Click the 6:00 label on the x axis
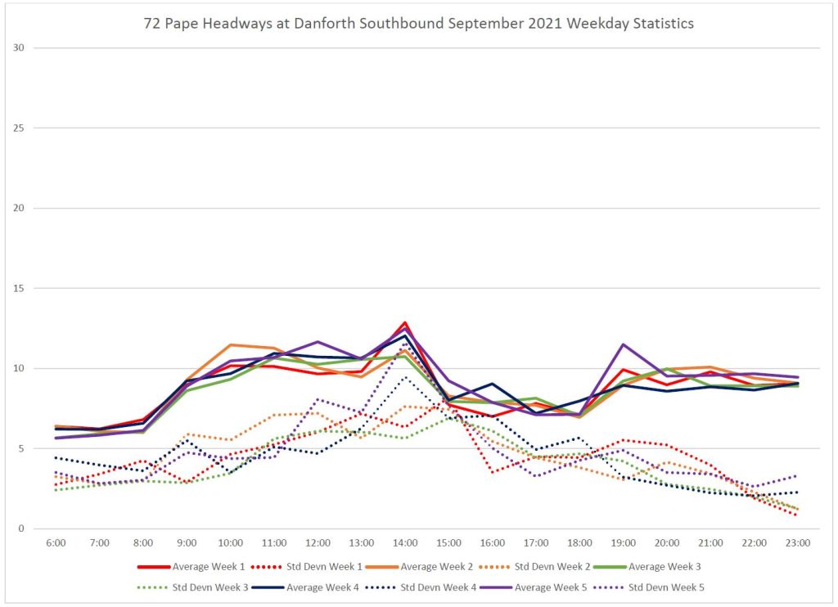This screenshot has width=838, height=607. [x=55, y=542]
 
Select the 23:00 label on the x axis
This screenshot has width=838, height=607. [x=798, y=542]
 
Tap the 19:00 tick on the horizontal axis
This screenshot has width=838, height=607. [x=623, y=542]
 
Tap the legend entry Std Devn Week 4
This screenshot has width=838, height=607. [x=439, y=587]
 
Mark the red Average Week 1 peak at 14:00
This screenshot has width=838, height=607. [x=405, y=322]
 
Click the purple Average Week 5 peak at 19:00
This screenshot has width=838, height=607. [x=624, y=344]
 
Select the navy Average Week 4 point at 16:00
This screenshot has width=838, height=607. [x=493, y=384]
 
